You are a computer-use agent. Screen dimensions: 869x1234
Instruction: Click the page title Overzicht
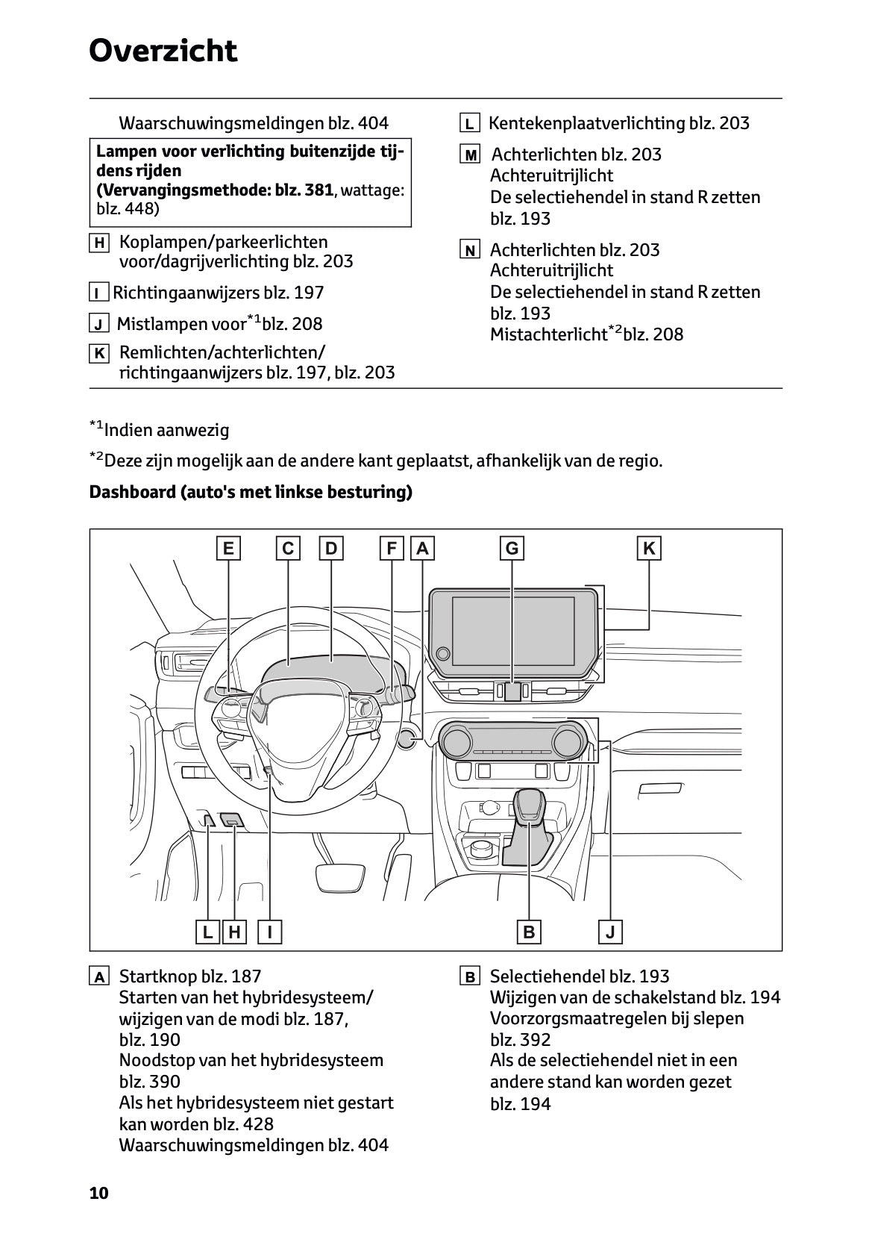tap(163, 51)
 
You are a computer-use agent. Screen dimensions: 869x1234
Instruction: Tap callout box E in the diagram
tap(228, 549)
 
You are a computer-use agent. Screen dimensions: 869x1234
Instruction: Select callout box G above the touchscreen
tap(512, 549)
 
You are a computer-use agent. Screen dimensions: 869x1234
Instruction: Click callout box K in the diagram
tap(649, 549)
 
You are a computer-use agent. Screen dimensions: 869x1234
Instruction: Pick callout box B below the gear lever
tap(529, 932)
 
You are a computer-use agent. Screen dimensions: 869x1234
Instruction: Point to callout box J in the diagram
tap(610, 932)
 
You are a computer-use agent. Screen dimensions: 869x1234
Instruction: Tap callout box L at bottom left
tap(207, 932)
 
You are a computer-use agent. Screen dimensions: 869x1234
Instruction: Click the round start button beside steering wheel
tap(407, 739)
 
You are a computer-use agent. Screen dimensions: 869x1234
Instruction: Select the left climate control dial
tap(455, 741)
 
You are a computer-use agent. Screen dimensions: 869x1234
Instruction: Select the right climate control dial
tap(567, 741)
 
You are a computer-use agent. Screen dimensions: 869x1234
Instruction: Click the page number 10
tap(98, 1193)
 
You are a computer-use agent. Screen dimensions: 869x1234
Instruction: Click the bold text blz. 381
tap(304, 190)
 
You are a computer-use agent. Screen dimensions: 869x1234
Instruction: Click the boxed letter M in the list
tap(470, 155)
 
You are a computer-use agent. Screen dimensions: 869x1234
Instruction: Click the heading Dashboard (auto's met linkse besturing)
tap(251, 493)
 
